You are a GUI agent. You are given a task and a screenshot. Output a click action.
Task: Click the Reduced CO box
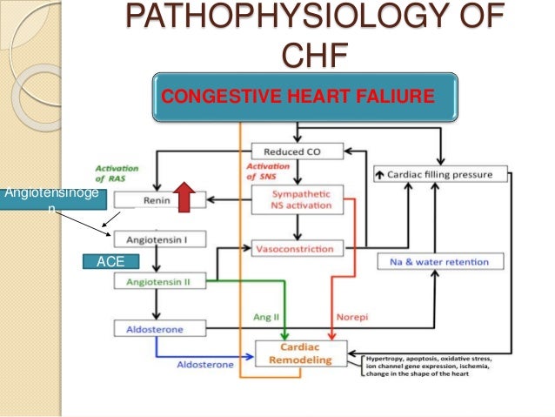(296, 151)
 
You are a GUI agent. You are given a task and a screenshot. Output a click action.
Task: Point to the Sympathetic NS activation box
(296, 199)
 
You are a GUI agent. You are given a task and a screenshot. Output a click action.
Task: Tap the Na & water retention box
(443, 261)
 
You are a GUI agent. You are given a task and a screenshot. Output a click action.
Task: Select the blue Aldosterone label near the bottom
(205, 364)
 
